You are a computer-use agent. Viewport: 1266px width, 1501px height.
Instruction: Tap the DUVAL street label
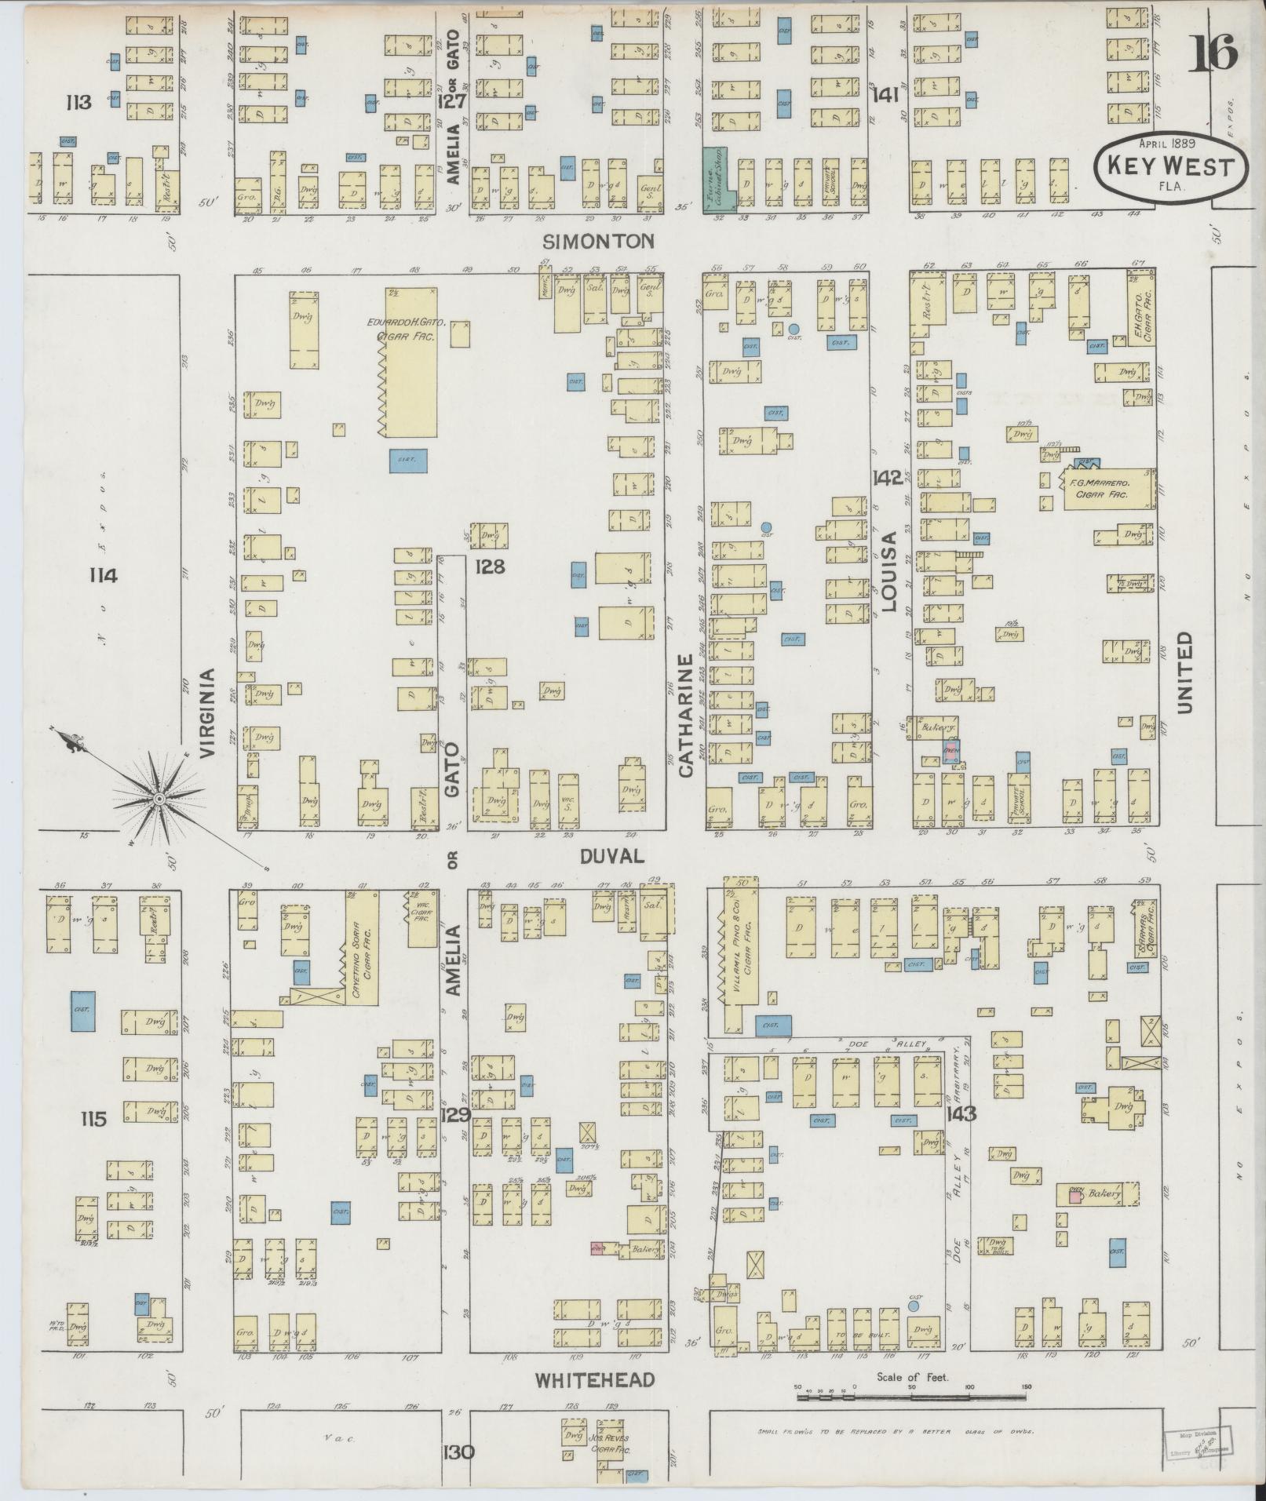[612, 857]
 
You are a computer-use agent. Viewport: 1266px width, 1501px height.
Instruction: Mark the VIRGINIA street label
[207, 712]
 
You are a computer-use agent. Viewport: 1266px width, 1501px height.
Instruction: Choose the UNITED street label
[1184, 672]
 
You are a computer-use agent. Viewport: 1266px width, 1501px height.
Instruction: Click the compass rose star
[159, 799]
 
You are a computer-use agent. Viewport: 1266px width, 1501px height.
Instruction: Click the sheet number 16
[1215, 53]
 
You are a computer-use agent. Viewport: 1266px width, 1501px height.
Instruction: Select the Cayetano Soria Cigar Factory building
[362, 948]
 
